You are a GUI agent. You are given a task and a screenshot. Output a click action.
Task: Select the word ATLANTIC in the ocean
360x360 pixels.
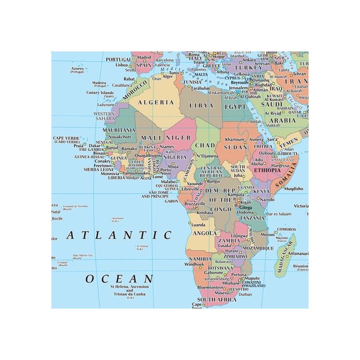pyautogui.click(x=119, y=236)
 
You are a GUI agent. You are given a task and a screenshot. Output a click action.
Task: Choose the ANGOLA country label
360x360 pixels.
pyautogui.click(x=205, y=233)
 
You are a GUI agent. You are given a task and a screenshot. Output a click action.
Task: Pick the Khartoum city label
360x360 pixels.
pyautogui.click(x=235, y=140)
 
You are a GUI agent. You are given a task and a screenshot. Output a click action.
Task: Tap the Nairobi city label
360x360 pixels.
pyautogui.click(x=266, y=199)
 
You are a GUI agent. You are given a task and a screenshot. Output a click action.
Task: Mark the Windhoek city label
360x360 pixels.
pyautogui.click(x=194, y=264)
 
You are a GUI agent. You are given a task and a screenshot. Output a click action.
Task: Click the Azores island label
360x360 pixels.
pyautogui.click(x=78, y=68)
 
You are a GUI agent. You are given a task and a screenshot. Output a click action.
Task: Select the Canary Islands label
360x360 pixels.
pyautogui.click(x=100, y=93)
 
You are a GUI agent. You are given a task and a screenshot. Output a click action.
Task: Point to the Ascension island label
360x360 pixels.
pyautogui.click(x=118, y=219)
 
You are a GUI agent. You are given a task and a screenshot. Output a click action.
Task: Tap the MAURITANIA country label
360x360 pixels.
pyautogui.click(x=119, y=131)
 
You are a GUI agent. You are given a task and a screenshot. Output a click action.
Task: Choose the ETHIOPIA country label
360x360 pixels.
pyautogui.click(x=267, y=170)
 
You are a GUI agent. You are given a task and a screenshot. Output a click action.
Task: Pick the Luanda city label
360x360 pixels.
pyautogui.click(x=198, y=225)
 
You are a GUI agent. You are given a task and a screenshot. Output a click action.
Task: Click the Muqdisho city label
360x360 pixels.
pyautogui.click(x=293, y=189)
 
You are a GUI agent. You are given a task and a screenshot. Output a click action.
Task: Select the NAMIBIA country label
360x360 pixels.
pyautogui.click(x=200, y=259)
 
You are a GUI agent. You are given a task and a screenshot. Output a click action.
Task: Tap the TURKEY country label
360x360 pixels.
pyautogui.click(x=248, y=67)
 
